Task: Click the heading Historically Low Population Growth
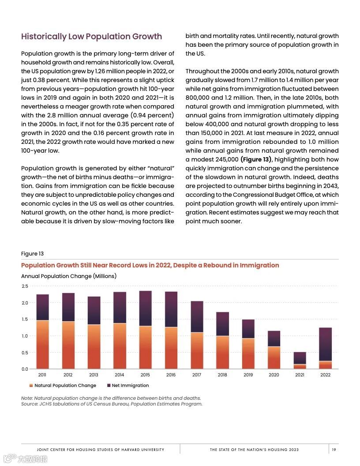(x=91, y=37)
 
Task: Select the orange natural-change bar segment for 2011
(x=42, y=345)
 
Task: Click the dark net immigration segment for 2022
(x=325, y=344)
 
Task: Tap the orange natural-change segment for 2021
(x=300, y=366)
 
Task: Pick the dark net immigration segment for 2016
(x=171, y=309)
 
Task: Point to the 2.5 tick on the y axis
(x=25, y=286)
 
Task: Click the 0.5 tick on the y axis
(x=25, y=353)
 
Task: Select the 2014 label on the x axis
(x=119, y=375)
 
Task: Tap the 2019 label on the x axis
(x=248, y=375)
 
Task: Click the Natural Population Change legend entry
(x=65, y=385)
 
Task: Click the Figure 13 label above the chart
(x=32, y=254)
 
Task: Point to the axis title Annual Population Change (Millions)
(x=68, y=276)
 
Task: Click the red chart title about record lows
(x=150, y=265)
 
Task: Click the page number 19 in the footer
(x=334, y=450)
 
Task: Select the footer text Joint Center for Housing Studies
(x=101, y=450)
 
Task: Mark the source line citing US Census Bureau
(x=112, y=404)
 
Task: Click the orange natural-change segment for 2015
(x=145, y=347)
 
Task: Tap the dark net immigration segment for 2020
(x=274, y=338)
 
